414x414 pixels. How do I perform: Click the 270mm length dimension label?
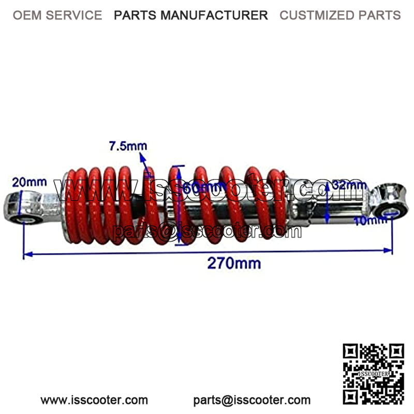[234, 263]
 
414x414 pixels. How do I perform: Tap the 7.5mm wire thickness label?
[127, 146]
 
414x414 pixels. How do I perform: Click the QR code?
[373, 372]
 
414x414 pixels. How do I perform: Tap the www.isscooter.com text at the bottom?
[94, 400]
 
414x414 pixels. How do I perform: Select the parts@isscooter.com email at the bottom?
[252, 400]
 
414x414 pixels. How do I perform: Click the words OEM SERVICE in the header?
[57, 15]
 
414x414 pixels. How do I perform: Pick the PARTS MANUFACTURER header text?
[191, 15]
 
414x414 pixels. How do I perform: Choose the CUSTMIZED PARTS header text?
[340, 15]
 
